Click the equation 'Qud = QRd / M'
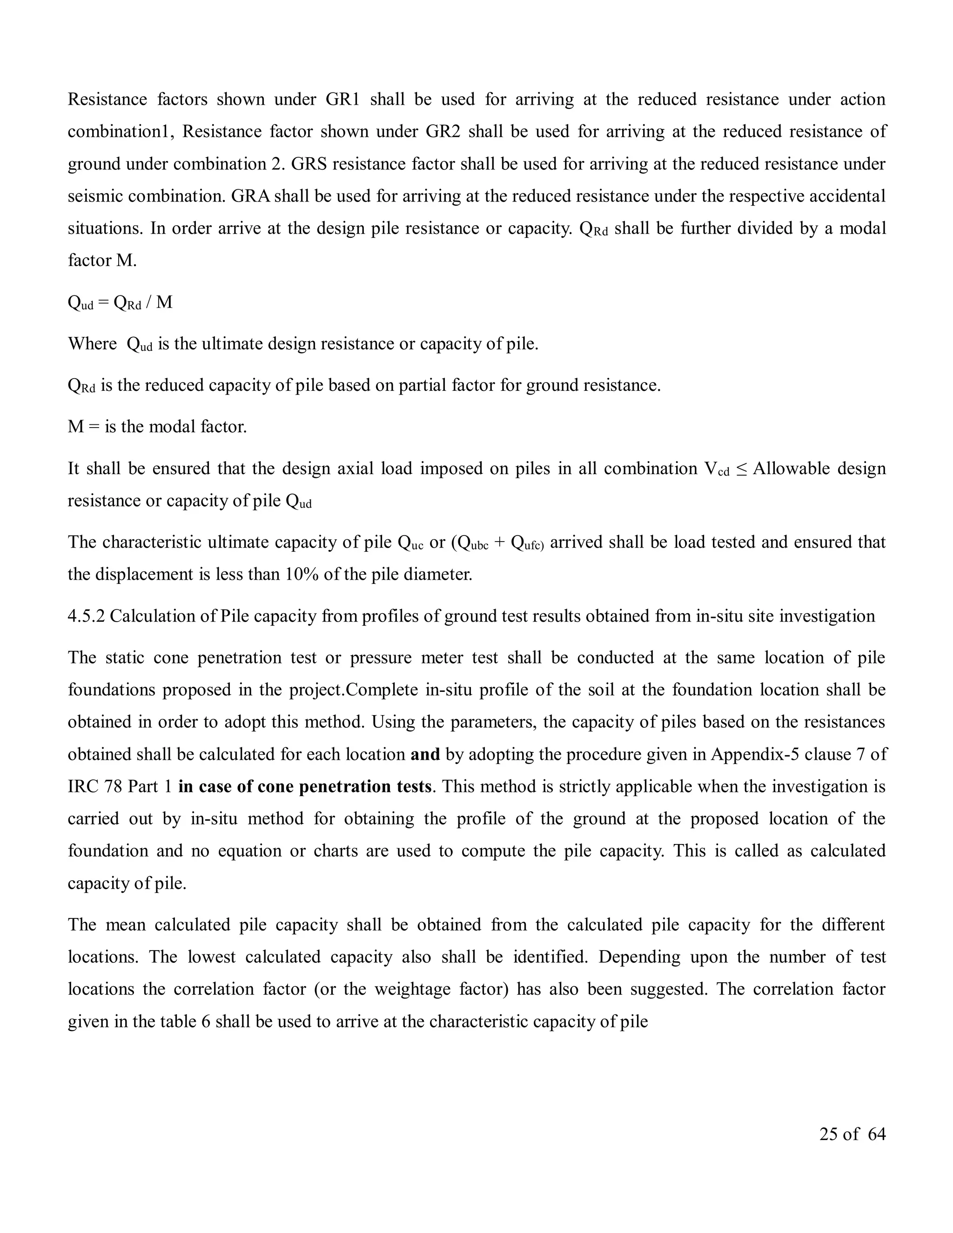click(120, 303)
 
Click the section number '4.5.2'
click(86, 616)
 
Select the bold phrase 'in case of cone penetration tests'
click(305, 786)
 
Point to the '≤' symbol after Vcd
click(741, 469)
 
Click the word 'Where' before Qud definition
click(92, 344)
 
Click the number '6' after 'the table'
click(206, 1022)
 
